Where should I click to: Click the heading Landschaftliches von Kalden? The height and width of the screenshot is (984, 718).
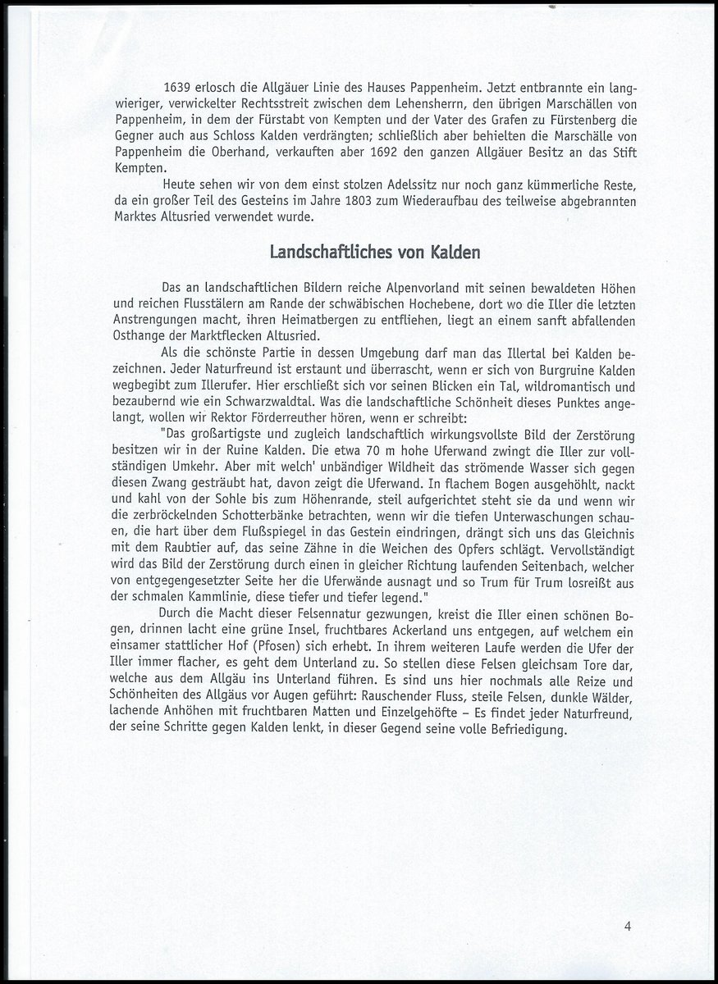tap(376, 252)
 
